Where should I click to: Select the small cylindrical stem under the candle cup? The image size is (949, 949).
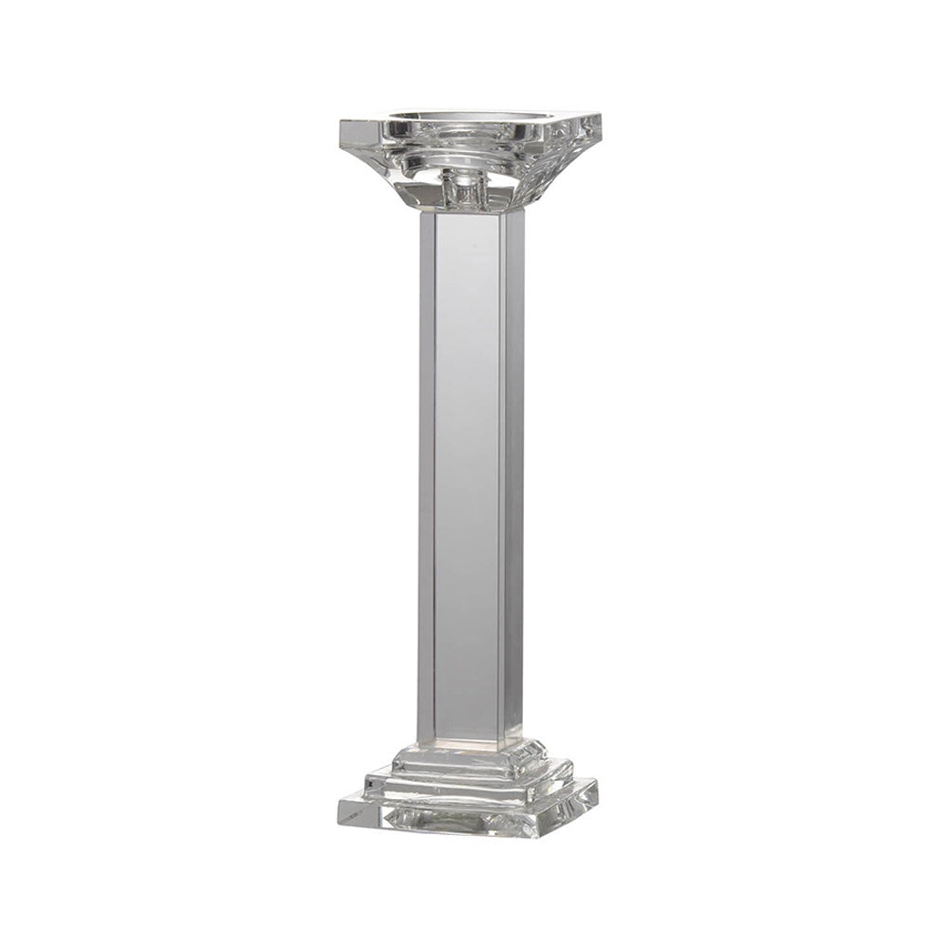[465, 190]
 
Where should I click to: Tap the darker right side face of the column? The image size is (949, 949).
[513, 474]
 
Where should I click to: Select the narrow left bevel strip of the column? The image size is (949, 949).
[426, 474]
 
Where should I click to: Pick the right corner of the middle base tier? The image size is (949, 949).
[572, 767]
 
